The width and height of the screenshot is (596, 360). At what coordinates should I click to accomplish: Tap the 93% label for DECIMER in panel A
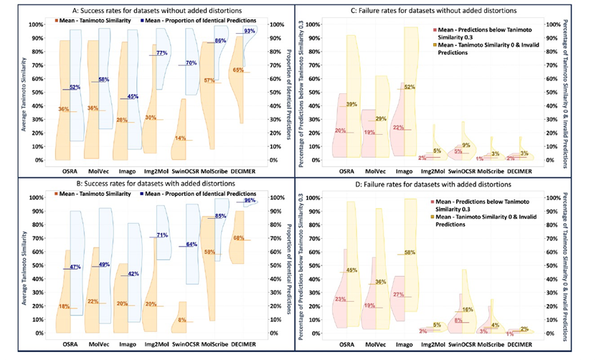pos(270,32)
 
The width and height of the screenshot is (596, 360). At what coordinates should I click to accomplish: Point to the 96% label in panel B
pos(270,201)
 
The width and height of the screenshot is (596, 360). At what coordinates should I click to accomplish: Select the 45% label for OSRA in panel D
pos(352,270)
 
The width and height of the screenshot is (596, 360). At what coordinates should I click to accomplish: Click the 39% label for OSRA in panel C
pos(352,105)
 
